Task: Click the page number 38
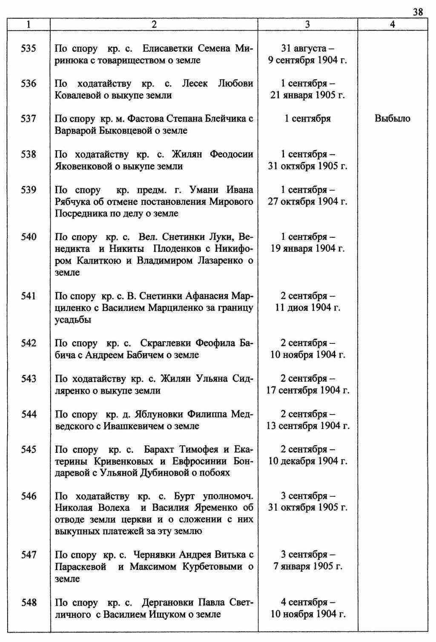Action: coord(418,12)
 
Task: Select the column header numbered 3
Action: coord(307,25)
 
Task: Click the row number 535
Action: coord(29,48)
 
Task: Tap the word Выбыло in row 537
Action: coord(392,118)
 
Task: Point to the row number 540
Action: coord(29,237)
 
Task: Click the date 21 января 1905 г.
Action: coord(307,95)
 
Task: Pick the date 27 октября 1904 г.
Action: coord(307,202)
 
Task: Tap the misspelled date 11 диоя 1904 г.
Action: coord(307,308)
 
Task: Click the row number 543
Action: coord(29,378)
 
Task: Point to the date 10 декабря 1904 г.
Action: coord(307,461)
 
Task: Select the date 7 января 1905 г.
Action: coord(307,567)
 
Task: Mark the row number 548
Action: coord(29,602)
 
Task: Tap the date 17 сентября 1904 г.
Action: coord(307,390)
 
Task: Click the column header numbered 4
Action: coord(392,25)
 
